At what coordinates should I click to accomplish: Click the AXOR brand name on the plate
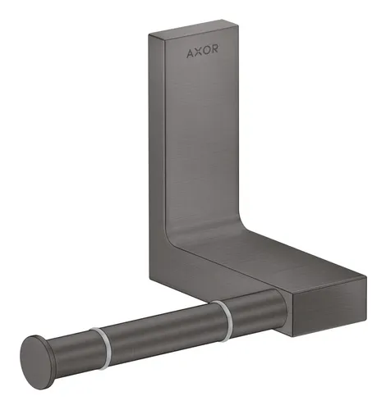pos(201,59)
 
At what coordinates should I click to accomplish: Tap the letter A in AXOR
pos(187,59)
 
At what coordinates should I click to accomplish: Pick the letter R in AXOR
pos(214,59)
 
